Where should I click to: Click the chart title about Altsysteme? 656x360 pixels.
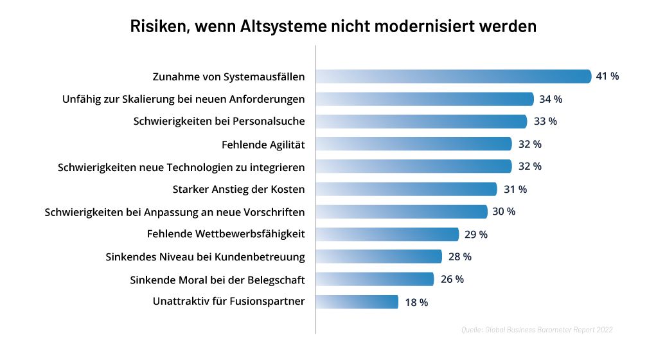coord(333,27)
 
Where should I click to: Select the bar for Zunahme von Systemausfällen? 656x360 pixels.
coord(453,76)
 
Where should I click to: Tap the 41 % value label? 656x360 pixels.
coord(607,76)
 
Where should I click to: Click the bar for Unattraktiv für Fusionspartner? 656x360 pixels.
coord(357,301)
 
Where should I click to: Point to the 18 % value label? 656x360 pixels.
coord(416,302)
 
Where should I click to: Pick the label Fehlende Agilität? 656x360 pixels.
coord(263,144)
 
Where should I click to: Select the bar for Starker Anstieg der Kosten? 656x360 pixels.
coord(406,189)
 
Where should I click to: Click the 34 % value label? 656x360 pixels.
coord(551,99)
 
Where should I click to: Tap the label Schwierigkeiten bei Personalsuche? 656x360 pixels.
coord(219,122)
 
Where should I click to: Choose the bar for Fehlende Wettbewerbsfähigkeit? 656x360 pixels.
coord(387,234)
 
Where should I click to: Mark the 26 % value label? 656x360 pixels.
coord(452,279)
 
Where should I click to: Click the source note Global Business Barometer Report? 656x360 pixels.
coord(536,330)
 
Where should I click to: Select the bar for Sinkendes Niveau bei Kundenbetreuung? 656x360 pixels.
coord(379,256)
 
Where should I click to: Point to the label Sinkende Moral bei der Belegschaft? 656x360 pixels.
coord(217,280)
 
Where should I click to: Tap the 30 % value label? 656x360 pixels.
coord(504,212)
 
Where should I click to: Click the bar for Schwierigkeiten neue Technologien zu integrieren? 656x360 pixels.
coord(414,166)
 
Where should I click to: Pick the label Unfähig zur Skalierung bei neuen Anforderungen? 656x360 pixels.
coord(183,99)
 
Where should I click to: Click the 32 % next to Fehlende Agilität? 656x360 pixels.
coord(529,144)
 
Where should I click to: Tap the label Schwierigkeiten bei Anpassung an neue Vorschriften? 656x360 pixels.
coord(175,212)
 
